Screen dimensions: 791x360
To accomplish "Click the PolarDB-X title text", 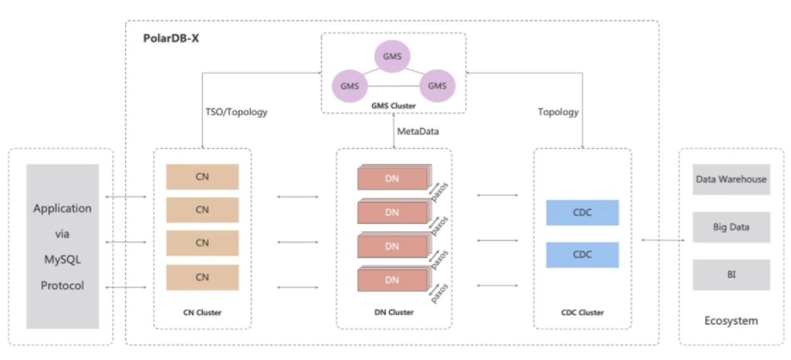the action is pos(171,38).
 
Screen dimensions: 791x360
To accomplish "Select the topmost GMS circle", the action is pos(392,56).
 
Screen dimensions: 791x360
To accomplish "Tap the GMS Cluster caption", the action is pos(393,105).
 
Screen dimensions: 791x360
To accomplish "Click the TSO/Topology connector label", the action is pos(236,112).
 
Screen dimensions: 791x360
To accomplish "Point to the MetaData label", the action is pos(418,131).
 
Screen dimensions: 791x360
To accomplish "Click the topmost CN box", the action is pos(202,177).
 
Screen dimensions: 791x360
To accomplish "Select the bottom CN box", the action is pos(202,278).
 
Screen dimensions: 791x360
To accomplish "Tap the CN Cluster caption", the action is pos(202,313).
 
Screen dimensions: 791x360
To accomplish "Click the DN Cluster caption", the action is pos(394,313).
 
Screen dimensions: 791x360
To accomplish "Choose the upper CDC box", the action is pos(582,213).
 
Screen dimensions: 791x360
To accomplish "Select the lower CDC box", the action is pos(582,255).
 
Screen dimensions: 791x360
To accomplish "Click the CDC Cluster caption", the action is pos(582,313).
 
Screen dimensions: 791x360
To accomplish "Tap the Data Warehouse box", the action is pos(731,179).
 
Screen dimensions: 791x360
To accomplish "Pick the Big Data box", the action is pos(731,227).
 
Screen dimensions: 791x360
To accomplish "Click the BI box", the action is pos(731,275).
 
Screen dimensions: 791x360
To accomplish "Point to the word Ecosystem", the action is pos(731,321).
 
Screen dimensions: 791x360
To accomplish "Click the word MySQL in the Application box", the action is pos(62,260).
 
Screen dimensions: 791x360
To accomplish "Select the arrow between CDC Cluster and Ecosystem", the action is pos(663,240).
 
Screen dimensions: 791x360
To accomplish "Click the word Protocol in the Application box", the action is pos(62,286).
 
